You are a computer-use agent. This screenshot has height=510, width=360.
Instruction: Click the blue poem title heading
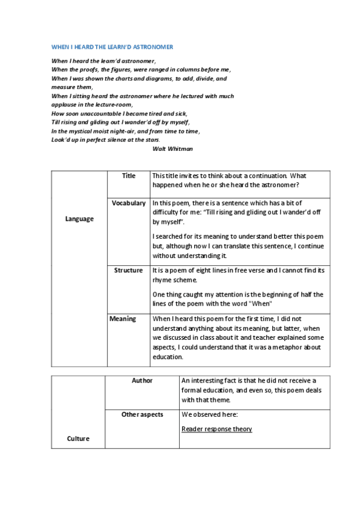[x=112, y=46]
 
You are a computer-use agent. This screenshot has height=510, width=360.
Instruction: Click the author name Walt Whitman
[x=173, y=148]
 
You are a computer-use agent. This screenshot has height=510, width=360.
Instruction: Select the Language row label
[x=79, y=219]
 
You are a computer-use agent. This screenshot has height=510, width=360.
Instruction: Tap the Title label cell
[x=129, y=176]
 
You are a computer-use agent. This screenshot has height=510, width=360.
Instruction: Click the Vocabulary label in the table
[x=129, y=203]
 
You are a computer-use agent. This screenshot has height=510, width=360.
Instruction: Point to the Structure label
[x=129, y=271]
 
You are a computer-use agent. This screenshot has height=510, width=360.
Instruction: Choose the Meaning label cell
[x=123, y=319]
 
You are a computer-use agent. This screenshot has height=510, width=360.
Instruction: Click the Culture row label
[x=78, y=438]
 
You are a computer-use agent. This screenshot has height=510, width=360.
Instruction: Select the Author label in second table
[x=142, y=381]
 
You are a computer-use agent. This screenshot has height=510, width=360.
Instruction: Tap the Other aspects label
[x=142, y=414]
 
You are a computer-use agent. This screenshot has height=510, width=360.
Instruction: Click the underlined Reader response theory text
[x=216, y=429]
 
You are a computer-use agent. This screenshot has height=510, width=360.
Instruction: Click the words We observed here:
[x=205, y=415]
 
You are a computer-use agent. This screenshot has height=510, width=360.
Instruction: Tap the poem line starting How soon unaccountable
[x=120, y=113]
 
